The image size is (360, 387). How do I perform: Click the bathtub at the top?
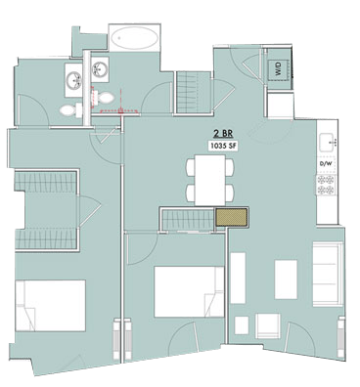(x=134, y=37)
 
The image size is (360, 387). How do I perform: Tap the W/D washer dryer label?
(x=278, y=70)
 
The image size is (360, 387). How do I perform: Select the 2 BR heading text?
(x=223, y=133)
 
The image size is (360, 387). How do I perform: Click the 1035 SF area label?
(x=222, y=146)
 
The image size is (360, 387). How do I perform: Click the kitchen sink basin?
(x=326, y=142)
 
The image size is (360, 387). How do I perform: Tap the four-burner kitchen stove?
(x=326, y=186)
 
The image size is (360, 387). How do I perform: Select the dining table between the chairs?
(x=210, y=180)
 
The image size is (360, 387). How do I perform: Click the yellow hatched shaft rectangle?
(x=232, y=217)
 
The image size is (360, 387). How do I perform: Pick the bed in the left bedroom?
(x=51, y=306)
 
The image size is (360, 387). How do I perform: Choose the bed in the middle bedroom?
(x=189, y=291)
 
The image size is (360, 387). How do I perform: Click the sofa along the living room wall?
(x=328, y=273)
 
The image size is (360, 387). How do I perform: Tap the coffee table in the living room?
(x=286, y=279)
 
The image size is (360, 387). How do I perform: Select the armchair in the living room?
(x=267, y=325)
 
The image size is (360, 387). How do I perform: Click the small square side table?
(x=242, y=325)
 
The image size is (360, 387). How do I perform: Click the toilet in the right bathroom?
(x=103, y=98)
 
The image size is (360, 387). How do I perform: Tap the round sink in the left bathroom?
(x=74, y=80)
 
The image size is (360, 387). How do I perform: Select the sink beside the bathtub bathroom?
(x=99, y=68)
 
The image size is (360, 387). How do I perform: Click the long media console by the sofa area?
(x=238, y=278)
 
